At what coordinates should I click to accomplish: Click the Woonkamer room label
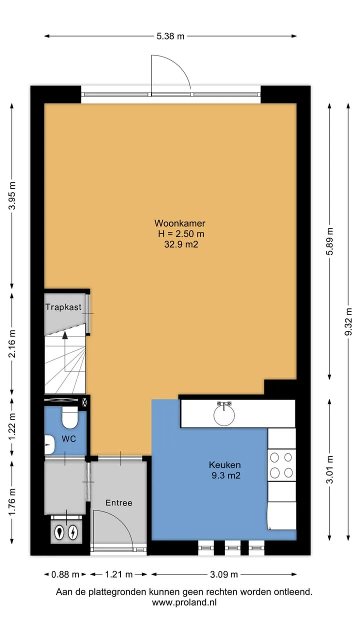click(x=179, y=223)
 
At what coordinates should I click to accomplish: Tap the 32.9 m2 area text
click(x=181, y=244)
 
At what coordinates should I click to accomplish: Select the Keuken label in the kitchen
click(x=224, y=464)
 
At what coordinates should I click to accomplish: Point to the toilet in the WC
click(x=70, y=417)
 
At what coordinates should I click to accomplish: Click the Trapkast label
click(x=63, y=307)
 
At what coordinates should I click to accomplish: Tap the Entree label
click(x=119, y=503)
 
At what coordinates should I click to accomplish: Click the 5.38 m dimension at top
click(x=170, y=36)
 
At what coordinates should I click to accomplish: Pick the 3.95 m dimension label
click(x=12, y=195)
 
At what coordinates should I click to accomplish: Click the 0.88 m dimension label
click(x=65, y=574)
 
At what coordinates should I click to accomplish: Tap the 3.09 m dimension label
click(x=224, y=574)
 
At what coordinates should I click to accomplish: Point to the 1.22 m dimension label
click(x=12, y=427)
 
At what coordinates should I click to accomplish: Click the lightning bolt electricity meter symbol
click(x=73, y=532)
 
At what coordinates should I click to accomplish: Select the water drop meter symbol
click(x=59, y=532)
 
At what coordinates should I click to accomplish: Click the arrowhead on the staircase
click(x=65, y=335)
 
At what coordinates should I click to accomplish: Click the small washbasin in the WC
click(x=49, y=445)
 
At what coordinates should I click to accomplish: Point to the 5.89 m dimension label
click(x=330, y=241)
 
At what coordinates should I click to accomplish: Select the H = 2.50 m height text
click(x=181, y=233)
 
